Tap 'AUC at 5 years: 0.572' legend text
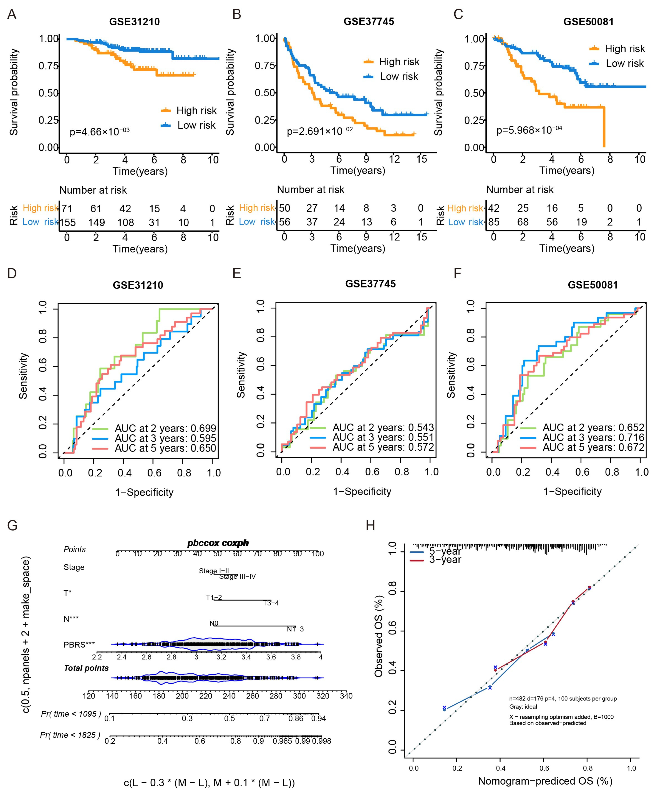383,447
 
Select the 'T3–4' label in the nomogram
271,603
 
